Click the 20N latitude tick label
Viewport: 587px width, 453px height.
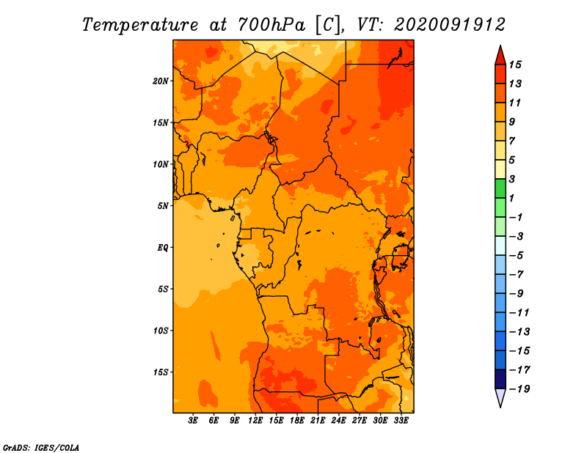[x=160, y=81]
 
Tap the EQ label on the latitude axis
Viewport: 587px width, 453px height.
[x=163, y=248]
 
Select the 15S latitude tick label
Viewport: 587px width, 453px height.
[x=160, y=372]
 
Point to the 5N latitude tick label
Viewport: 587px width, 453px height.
[x=163, y=206]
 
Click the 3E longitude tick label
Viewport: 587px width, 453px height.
[x=193, y=421]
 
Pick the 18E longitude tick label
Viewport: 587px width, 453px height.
[x=297, y=421]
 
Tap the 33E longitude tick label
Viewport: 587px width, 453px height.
[x=401, y=421]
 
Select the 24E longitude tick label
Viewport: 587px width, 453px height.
[x=338, y=421]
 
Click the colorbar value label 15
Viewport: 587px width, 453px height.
[x=515, y=65]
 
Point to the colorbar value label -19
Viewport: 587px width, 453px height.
[x=519, y=389]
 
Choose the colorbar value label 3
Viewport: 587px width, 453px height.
[x=512, y=179]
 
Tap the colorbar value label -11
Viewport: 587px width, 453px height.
[x=519, y=313]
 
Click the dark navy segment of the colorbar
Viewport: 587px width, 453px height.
[x=500, y=379]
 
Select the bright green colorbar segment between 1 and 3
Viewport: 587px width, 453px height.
[x=500, y=188]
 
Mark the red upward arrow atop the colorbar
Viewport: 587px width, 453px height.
[x=500, y=55]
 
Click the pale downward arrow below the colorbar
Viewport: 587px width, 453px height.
[x=500, y=398]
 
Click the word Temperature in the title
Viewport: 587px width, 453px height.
[x=139, y=25]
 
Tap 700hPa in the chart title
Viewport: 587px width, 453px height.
[x=271, y=25]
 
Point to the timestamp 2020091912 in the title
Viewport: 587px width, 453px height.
[x=450, y=25]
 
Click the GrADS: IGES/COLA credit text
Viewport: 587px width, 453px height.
[x=41, y=448]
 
